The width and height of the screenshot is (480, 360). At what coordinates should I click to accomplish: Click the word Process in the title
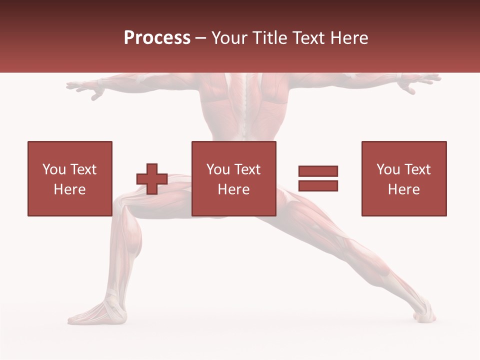pyautogui.click(x=157, y=38)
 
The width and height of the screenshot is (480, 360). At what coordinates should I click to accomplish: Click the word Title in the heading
pyautogui.click(x=270, y=38)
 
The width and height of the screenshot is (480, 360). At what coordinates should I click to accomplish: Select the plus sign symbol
pyautogui.click(x=152, y=179)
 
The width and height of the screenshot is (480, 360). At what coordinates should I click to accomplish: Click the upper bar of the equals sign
pyautogui.click(x=318, y=171)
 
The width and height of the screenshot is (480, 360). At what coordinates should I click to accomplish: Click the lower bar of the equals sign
pyautogui.click(x=318, y=185)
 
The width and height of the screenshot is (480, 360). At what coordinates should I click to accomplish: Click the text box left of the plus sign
pyautogui.click(x=69, y=178)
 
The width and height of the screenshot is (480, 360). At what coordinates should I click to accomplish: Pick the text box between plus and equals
pyautogui.click(x=233, y=178)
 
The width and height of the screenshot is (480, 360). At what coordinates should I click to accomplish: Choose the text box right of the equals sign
pyautogui.click(x=403, y=178)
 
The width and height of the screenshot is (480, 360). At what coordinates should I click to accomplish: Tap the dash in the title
pyautogui.click(x=200, y=38)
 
